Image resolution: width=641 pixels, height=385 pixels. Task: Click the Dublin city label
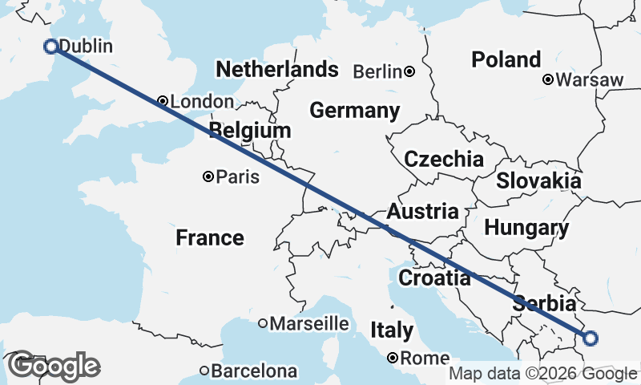86,47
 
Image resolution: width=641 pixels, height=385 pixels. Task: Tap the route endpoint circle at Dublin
50,47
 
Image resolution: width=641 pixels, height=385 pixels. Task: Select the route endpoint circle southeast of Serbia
591,338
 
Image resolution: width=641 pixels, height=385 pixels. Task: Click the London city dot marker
163,101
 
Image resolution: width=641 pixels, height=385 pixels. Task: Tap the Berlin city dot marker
409,71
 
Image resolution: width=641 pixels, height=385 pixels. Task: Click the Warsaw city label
592,80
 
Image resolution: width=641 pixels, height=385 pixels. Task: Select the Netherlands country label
277,69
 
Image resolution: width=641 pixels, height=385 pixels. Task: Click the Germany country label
355,111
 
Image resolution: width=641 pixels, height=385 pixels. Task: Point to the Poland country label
506,59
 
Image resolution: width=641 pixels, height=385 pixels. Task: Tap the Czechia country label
444,159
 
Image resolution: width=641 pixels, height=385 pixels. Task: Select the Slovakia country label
538,181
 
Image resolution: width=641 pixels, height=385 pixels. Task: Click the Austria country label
423,213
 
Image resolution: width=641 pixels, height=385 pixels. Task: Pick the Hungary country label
526,228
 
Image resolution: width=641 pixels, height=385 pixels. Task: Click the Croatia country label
434,278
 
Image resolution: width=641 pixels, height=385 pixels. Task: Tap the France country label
210,237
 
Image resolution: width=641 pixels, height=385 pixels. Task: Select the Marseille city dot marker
262,323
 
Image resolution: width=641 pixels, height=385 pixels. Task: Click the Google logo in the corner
54,366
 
